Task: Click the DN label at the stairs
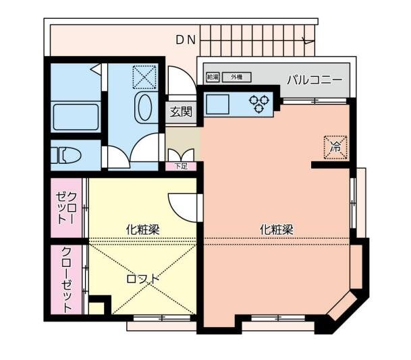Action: tap(186, 40)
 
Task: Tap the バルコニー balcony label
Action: tap(314, 80)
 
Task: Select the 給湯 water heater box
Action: tap(213, 78)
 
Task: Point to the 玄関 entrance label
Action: tap(180, 112)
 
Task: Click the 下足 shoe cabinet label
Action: tap(181, 166)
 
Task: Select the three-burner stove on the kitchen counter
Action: tap(260, 103)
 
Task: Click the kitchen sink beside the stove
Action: tap(219, 104)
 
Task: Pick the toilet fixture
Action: tap(67, 155)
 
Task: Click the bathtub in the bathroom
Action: tap(76, 116)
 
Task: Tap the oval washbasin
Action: tap(144, 108)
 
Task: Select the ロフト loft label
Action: tap(144, 278)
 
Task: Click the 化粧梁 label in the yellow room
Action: tap(142, 229)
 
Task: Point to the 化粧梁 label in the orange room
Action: tap(277, 229)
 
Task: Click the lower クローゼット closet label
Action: tap(67, 279)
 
